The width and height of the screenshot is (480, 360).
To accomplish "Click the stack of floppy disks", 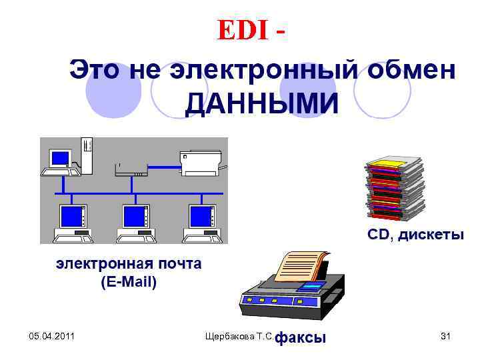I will pyautogui.click(x=394, y=190).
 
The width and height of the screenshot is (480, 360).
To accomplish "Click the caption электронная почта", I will pyautogui.click(x=128, y=264).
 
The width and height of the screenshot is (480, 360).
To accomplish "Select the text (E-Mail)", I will pyautogui.click(x=129, y=282).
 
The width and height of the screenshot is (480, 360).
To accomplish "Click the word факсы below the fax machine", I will pyautogui.click(x=301, y=338).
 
